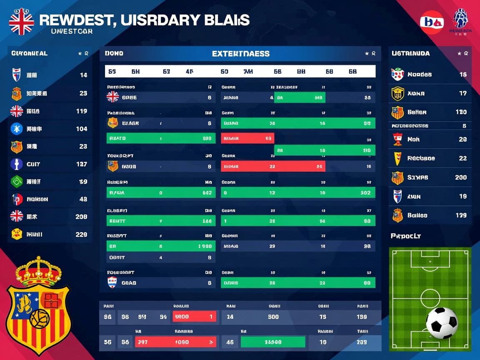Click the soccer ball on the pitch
[x=442, y=323]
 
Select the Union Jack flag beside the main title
[x=21, y=22]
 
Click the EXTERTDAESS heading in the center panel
[x=240, y=54]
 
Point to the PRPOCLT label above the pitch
[x=405, y=236]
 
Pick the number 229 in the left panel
[x=81, y=235]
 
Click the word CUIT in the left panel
[x=33, y=164]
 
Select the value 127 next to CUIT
[x=82, y=164]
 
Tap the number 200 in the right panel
[x=461, y=177]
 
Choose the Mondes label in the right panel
[x=419, y=75]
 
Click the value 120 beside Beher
[x=461, y=112]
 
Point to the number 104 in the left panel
[x=82, y=129]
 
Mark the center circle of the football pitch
[x=430, y=298]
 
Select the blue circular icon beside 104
[x=16, y=129]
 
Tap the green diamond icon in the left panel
[x=16, y=182]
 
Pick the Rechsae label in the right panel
[x=421, y=158]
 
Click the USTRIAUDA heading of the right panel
[x=410, y=53]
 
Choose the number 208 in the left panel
[x=81, y=217]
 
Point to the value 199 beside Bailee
[x=461, y=215]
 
